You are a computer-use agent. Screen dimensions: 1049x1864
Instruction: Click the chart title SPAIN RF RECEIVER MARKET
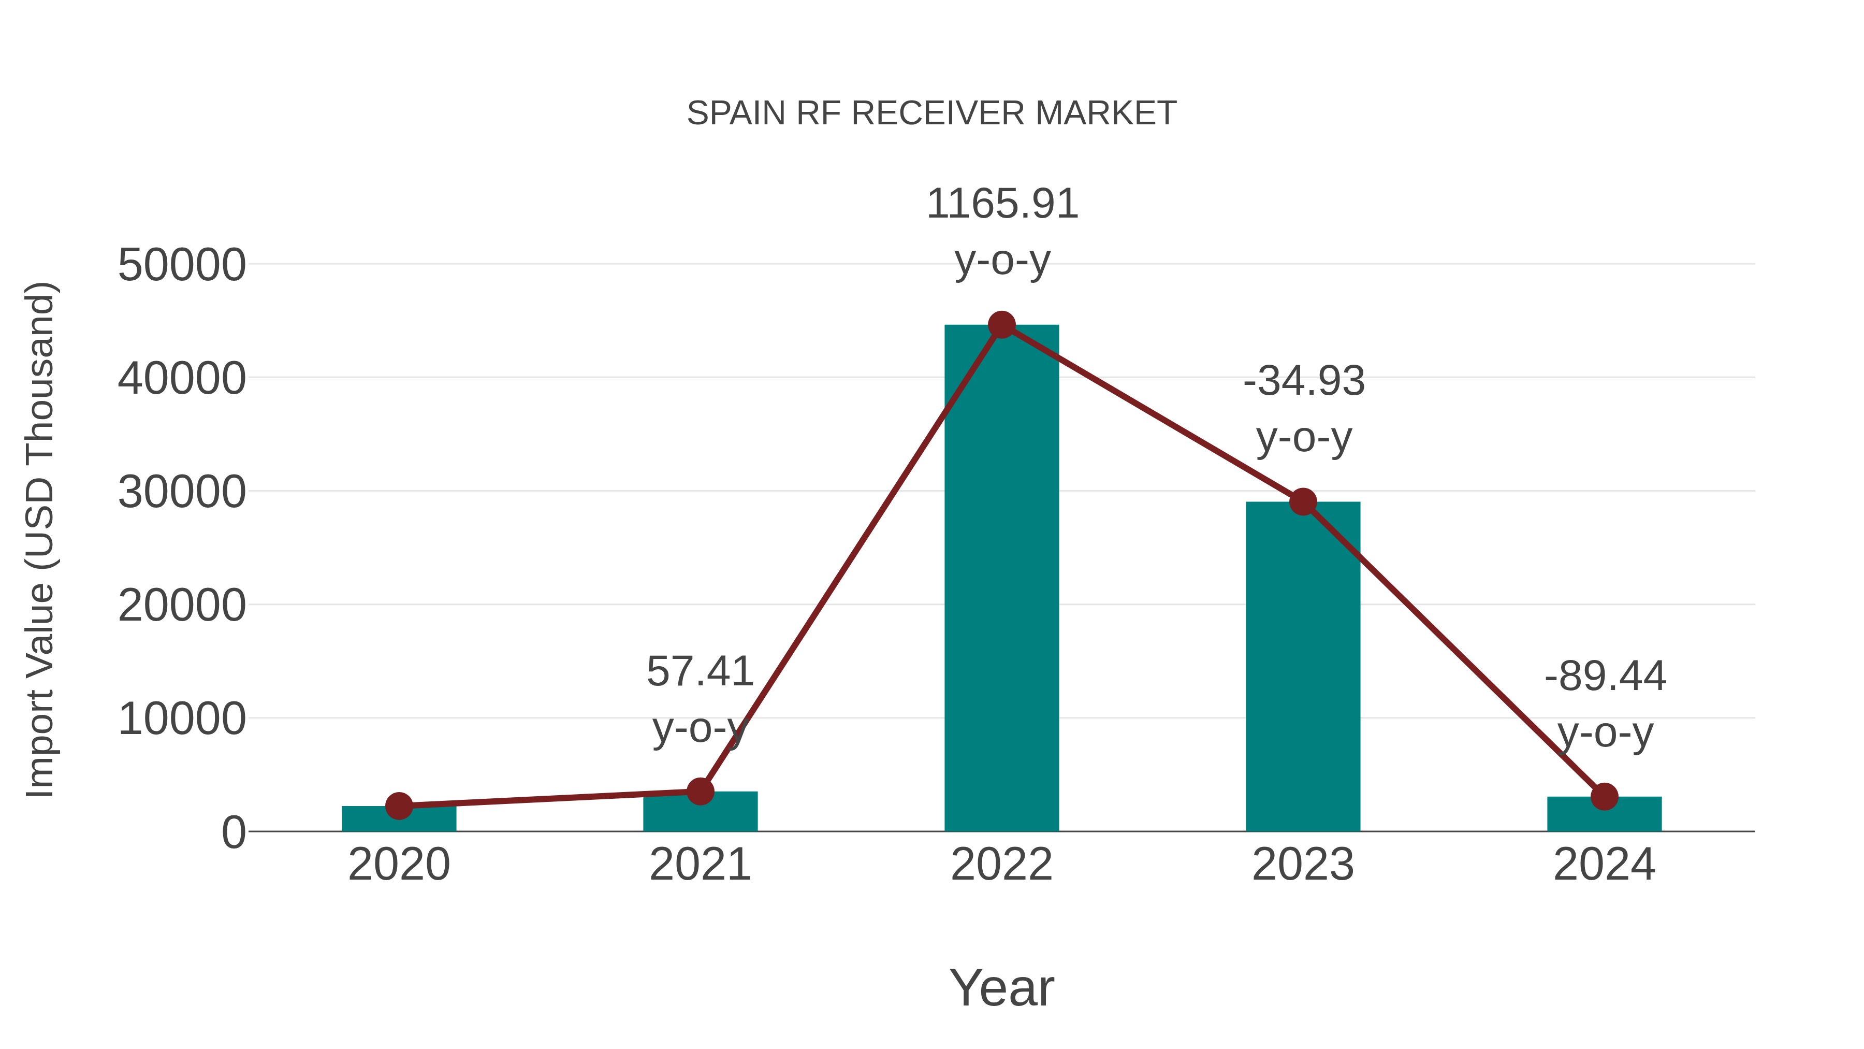coord(931,113)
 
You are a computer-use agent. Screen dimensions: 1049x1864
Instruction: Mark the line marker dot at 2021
coord(700,791)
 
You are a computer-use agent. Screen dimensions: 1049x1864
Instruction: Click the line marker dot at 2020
coord(399,806)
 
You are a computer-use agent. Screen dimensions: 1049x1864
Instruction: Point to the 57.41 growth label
coord(700,672)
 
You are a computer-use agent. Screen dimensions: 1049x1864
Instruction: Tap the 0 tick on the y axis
coord(233,832)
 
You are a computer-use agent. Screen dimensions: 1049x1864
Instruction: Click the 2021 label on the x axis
coord(700,865)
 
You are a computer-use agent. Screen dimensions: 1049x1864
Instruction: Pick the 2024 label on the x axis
coord(1604,865)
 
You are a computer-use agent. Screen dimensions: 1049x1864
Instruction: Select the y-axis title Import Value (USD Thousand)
coord(40,539)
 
